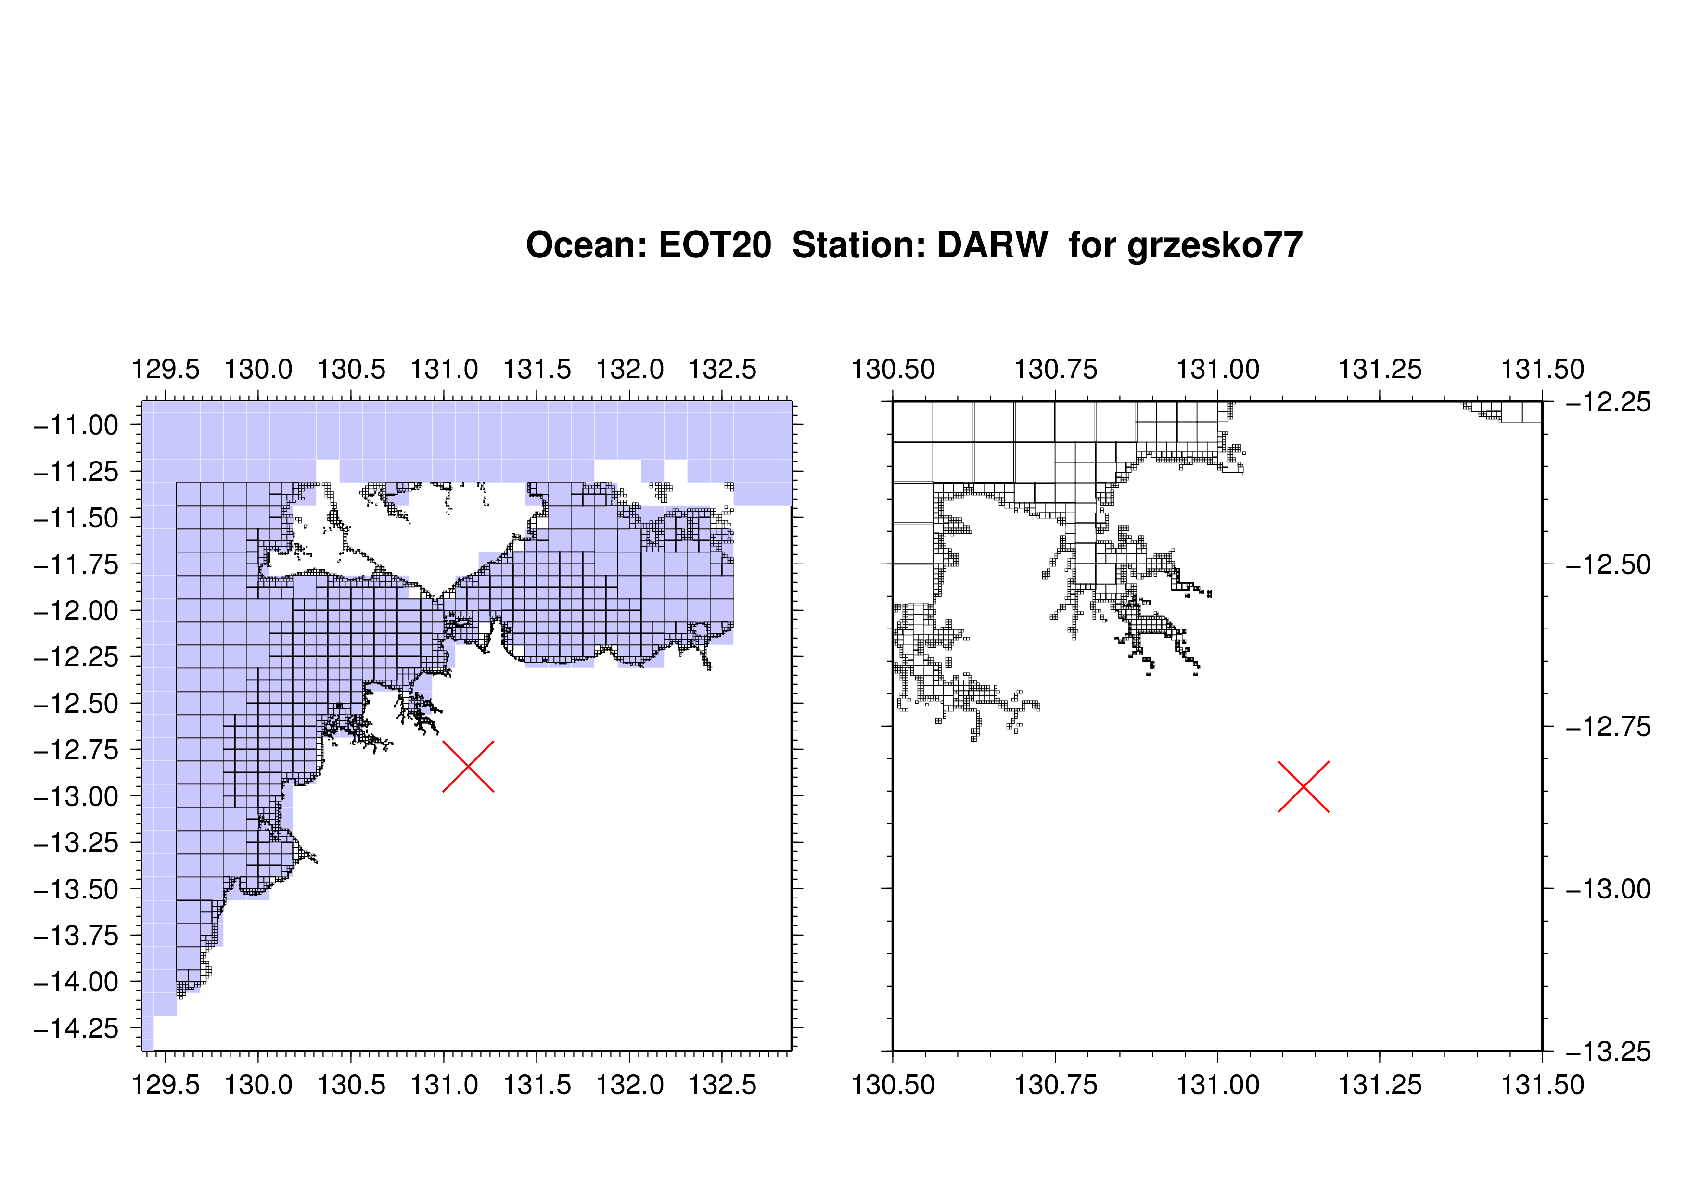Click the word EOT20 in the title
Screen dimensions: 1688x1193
(x=715, y=245)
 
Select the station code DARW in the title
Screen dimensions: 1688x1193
(x=993, y=245)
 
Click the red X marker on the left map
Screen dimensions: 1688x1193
(x=468, y=767)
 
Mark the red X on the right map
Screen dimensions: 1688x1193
(x=1304, y=786)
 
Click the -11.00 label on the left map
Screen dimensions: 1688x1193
(x=76, y=425)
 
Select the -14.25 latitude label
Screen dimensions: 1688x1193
(x=76, y=1028)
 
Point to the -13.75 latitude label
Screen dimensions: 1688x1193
(x=76, y=936)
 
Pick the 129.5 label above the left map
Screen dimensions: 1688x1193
(x=166, y=369)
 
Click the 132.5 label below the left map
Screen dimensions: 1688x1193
(x=722, y=1085)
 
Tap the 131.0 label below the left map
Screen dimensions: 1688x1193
(x=444, y=1085)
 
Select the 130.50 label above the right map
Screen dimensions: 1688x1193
(x=893, y=369)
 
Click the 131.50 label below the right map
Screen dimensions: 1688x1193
(x=1542, y=1085)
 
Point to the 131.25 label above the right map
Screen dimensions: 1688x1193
(x=1380, y=369)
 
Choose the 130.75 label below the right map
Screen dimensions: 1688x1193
(x=1056, y=1085)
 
